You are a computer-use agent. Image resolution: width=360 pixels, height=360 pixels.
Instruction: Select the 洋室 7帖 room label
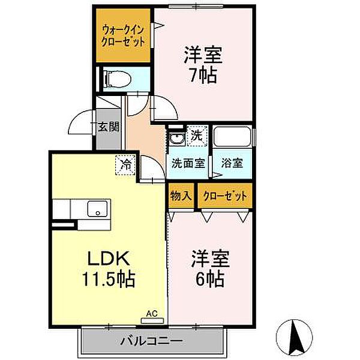click(x=203, y=65)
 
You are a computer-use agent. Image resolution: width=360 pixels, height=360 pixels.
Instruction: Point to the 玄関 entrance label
click(x=108, y=127)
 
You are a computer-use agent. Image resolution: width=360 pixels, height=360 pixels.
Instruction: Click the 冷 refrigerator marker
click(x=126, y=162)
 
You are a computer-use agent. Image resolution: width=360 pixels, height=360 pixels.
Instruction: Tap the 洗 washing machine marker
click(x=197, y=136)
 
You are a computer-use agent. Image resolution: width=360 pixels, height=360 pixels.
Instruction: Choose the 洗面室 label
click(x=188, y=163)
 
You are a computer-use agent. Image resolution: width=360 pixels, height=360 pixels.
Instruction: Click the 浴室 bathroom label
click(x=232, y=163)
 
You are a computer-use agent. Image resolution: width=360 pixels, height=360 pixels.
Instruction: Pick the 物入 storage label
click(x=181, y=196)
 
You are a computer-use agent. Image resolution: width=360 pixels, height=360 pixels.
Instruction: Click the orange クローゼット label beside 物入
click(x=224, y=196)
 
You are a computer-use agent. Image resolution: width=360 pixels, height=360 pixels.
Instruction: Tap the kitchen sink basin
click(x=96, y=209)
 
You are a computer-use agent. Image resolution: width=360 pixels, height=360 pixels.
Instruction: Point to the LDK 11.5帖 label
click(x=108, y=269)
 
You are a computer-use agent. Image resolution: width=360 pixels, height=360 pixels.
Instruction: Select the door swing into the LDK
click(x=151, y=172)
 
